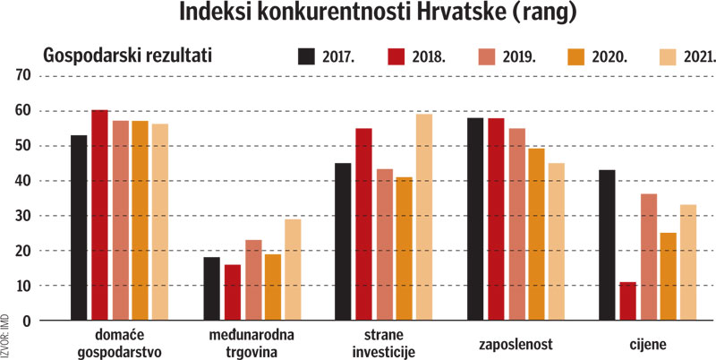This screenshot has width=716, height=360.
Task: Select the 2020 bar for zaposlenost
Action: (535, 234)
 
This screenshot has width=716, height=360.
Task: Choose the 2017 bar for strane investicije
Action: (345, 242)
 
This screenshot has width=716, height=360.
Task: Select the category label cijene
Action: (646, 345)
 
